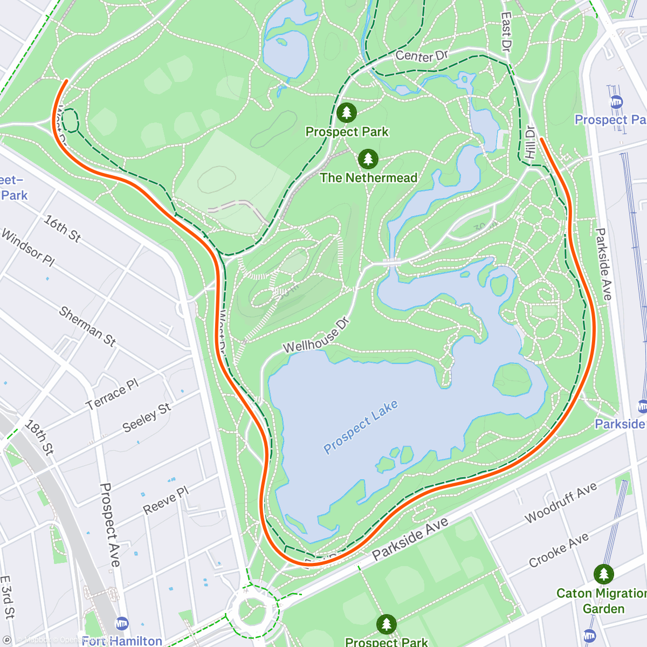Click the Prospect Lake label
point(361,427)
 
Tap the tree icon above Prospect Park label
point(347,113)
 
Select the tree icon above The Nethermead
point(368,159)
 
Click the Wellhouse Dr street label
point(316,335)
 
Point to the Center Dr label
point(422,56)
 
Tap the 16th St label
point(63,229)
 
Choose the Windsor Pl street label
point(28,247)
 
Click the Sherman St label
point(87,326)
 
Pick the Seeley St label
point(147,417)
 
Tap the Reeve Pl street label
point(166,500)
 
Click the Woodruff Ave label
point(561,503)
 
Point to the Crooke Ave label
point(559,550)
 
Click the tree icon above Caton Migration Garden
point(603,574)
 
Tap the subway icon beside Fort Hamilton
point(122,623)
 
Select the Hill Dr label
point(531,142)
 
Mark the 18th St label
point(39,437)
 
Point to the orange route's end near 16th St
point(66,81)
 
